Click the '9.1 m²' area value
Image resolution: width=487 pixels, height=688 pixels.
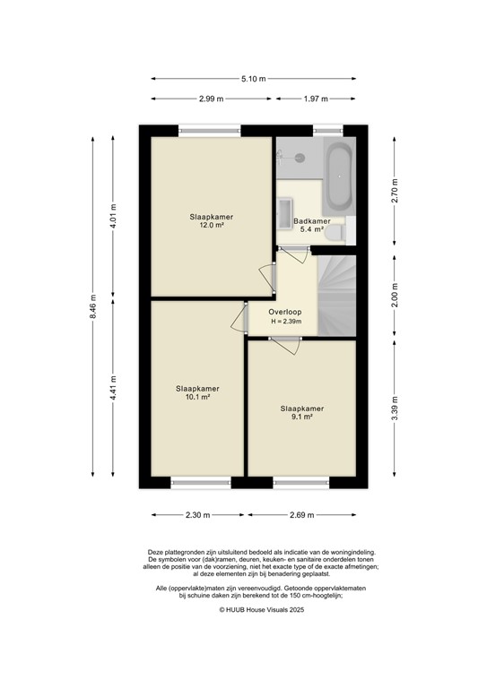point(300,417)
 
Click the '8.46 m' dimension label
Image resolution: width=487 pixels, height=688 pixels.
point(93,307)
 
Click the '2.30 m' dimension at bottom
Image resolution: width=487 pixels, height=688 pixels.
point(197,515)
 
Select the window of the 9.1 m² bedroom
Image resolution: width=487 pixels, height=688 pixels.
point(300,482)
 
